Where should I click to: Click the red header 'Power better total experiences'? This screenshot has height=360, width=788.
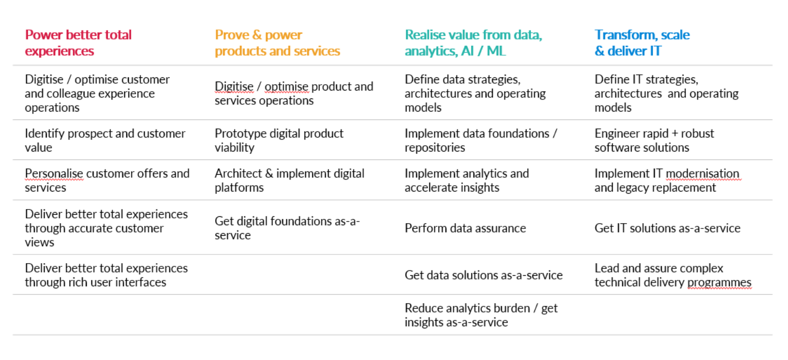tap(78, 43)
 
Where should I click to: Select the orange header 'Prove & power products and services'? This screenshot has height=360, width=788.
tap(277, 43)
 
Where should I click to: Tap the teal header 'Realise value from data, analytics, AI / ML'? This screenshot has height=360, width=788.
tap(473, 43)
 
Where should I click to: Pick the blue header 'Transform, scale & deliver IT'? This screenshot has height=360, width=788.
tap(642, 43)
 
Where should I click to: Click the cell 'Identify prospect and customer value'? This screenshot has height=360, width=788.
tap(105, 141)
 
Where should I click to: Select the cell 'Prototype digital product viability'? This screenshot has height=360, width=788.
tap(279, 141)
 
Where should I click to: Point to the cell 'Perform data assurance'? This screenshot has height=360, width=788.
tap(465, 228)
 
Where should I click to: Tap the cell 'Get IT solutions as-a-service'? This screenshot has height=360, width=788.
tap(668, 228)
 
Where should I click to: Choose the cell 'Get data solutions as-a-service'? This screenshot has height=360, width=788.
tap(483, 275)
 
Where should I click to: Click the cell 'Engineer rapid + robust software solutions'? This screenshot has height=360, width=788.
tap(654, 141)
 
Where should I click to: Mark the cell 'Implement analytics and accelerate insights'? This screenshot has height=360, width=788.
tap(467, 181)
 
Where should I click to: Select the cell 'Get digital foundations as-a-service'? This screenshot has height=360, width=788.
tap(287, 228)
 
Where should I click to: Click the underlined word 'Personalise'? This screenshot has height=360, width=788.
tap(54, 174)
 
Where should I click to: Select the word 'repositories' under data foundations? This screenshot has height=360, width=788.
tap(435, 148)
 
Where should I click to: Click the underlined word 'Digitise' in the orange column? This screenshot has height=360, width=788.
tap(234, 86)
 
